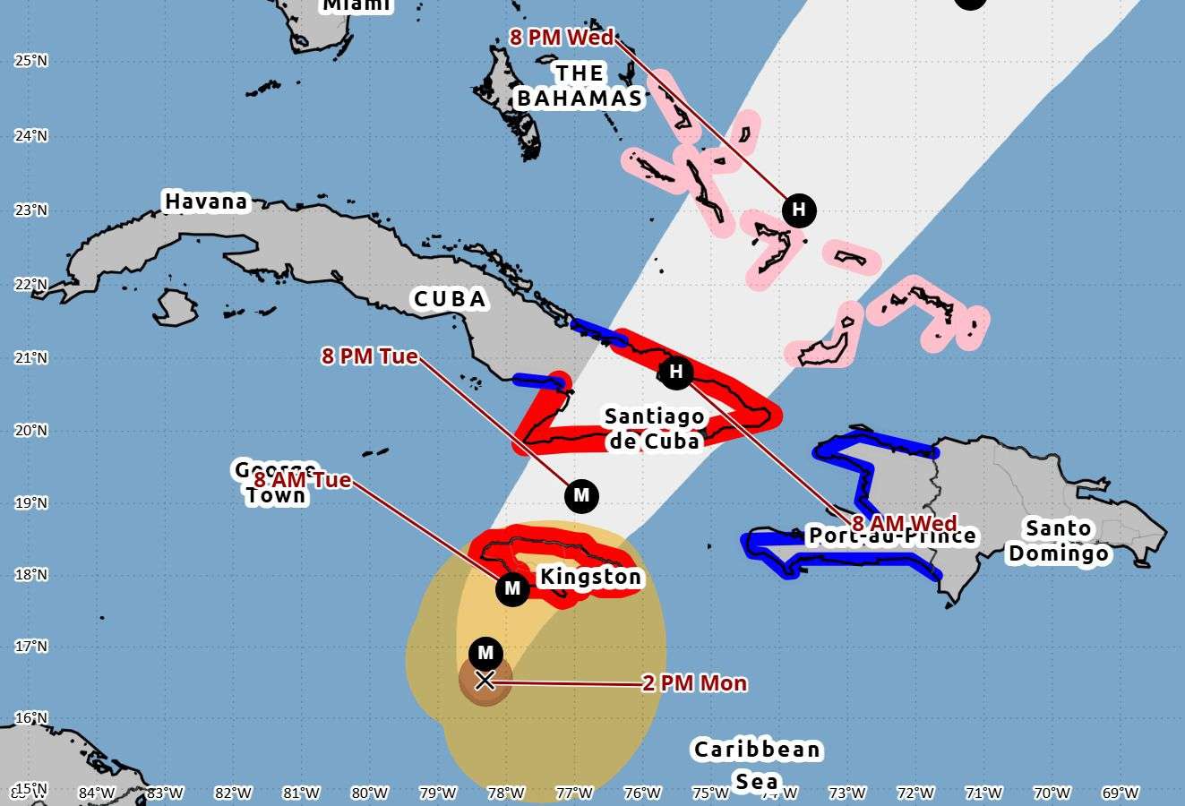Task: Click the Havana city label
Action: [205, 201]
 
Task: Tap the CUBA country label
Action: [450, 298]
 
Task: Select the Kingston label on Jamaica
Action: [589, 577]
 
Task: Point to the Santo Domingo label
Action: [1059, 541]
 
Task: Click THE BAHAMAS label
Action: [580, 86]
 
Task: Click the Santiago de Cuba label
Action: [655, 428]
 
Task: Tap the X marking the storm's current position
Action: [485, 681]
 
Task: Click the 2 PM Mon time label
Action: [694, 683]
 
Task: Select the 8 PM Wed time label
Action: [562, 37]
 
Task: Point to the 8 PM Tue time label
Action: [369, 356]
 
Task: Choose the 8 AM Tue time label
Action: [303, 480]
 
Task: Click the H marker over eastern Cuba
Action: [676, 372]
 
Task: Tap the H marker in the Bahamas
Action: [799, 210]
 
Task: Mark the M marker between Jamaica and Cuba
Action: [581, 495]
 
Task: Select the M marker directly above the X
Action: [485, 653]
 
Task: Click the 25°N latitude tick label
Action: [30, 61]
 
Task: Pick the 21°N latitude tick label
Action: [30, 358]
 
